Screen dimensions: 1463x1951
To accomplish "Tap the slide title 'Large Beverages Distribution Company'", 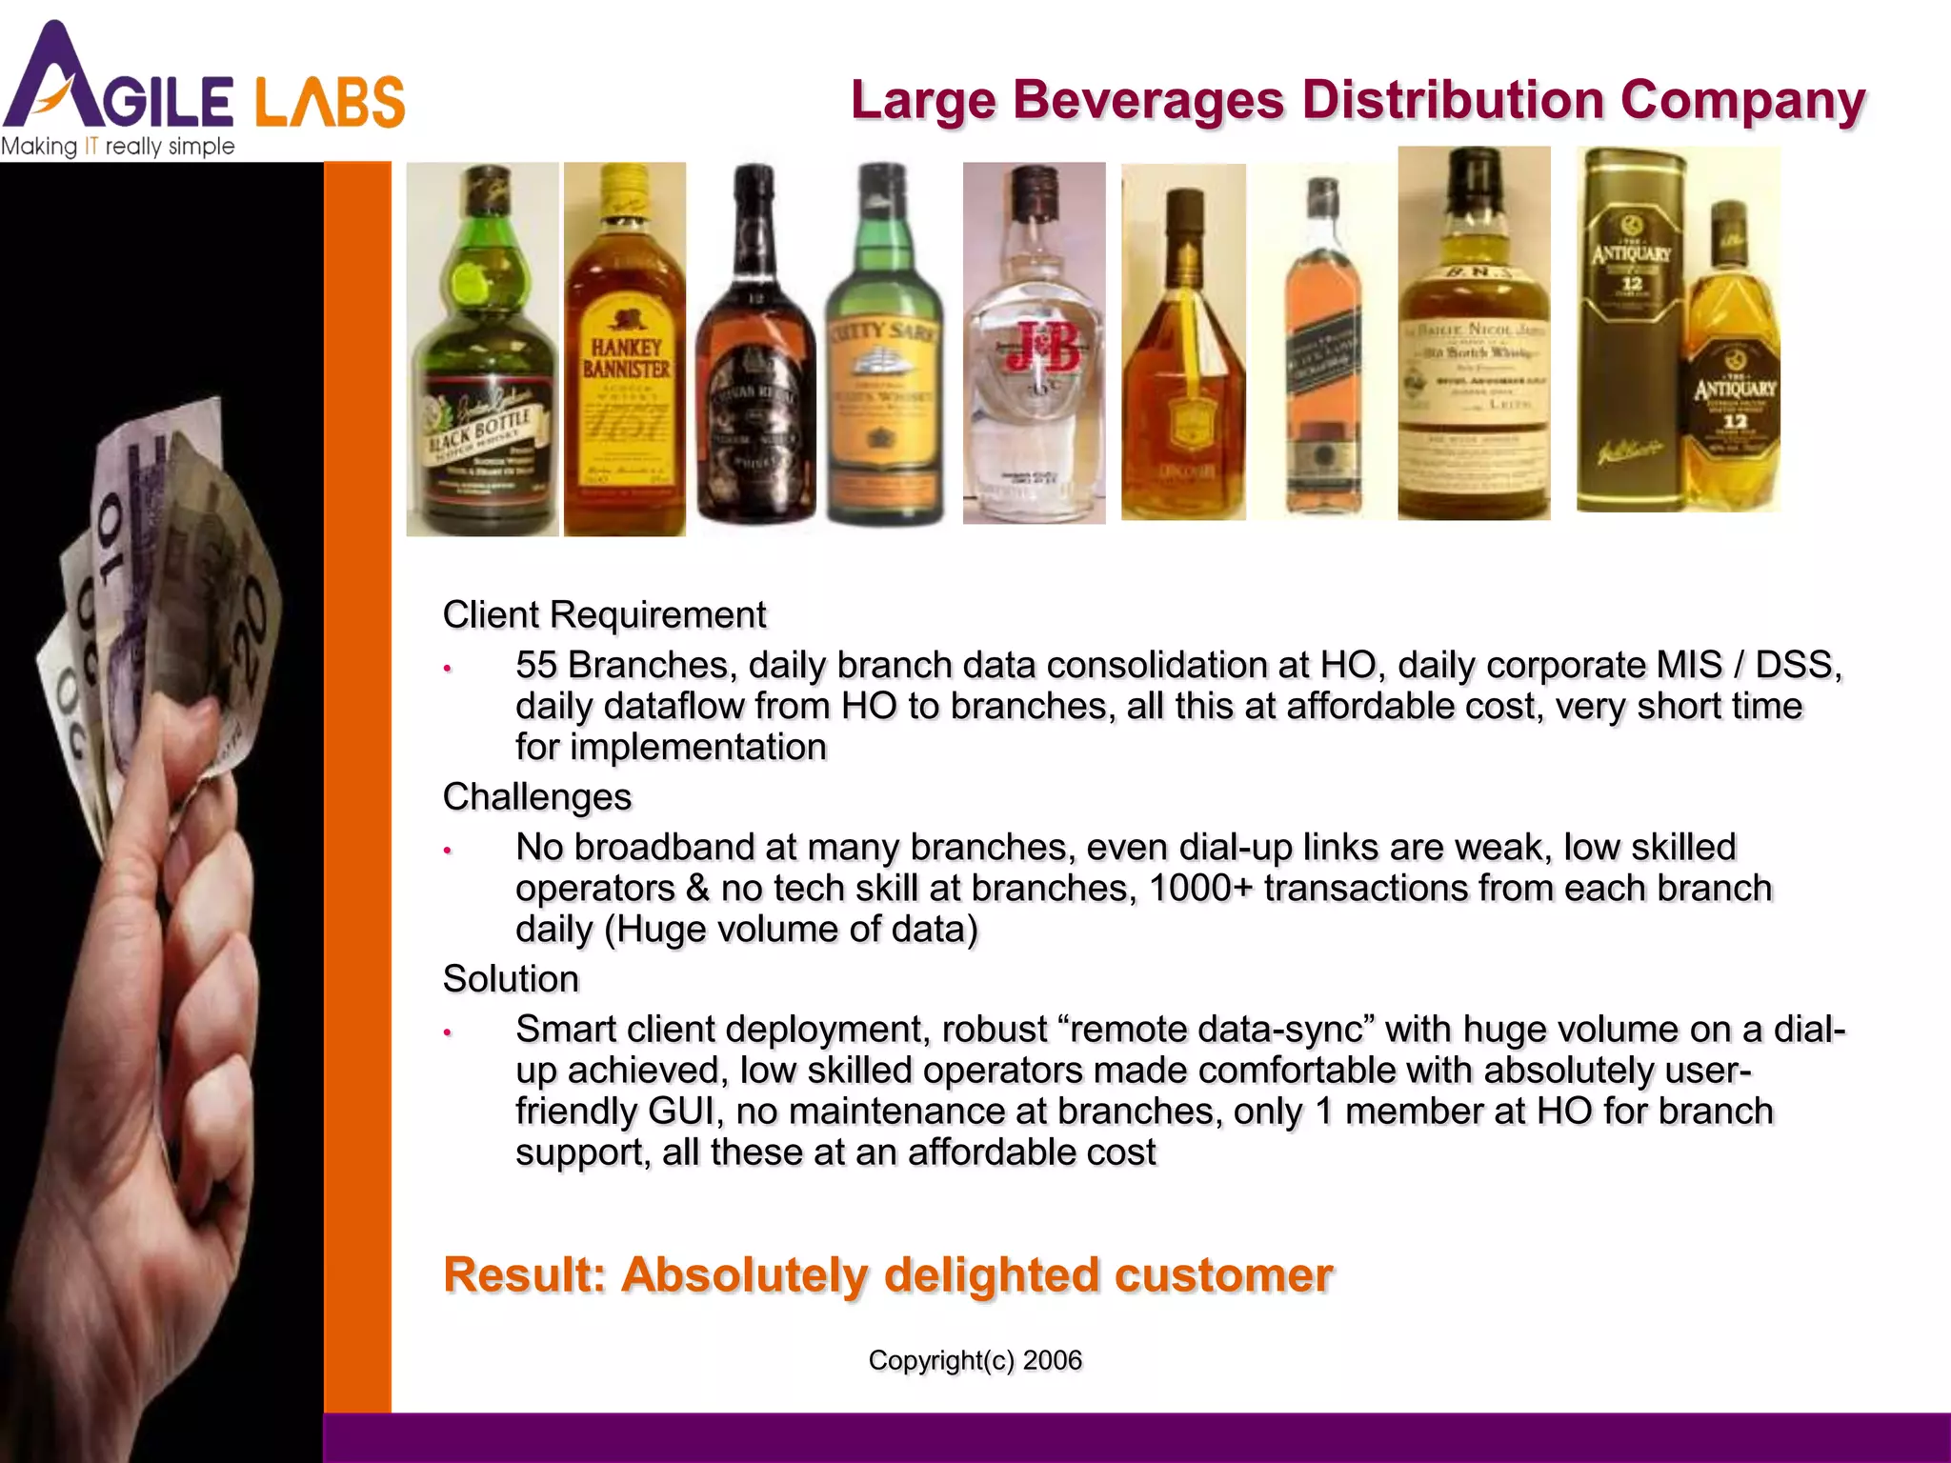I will click(1358, 100).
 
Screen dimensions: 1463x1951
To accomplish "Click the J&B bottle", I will click(1035, 343).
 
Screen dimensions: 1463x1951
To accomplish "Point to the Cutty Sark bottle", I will click(883, 343).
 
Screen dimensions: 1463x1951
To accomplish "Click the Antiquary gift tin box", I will click(1630, 330).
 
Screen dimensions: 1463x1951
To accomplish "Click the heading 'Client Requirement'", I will click(604, 615).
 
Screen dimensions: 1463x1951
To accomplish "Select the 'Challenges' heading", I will click(537, 797).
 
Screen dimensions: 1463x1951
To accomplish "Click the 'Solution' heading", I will click(511, 979).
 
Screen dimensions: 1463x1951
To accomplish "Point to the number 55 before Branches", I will click(536, 665).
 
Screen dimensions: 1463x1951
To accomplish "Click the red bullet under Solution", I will click(447, 1032).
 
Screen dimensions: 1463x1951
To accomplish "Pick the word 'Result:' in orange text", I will click(525, 1275).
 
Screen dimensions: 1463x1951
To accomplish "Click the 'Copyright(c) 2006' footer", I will click(975, 1360).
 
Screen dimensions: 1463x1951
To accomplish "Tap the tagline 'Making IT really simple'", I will click(118, 147).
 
